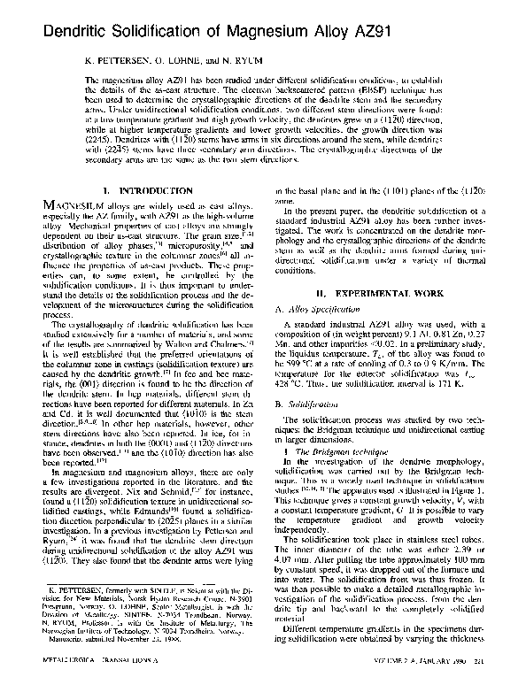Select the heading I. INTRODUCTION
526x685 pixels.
[x=146, y=216]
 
